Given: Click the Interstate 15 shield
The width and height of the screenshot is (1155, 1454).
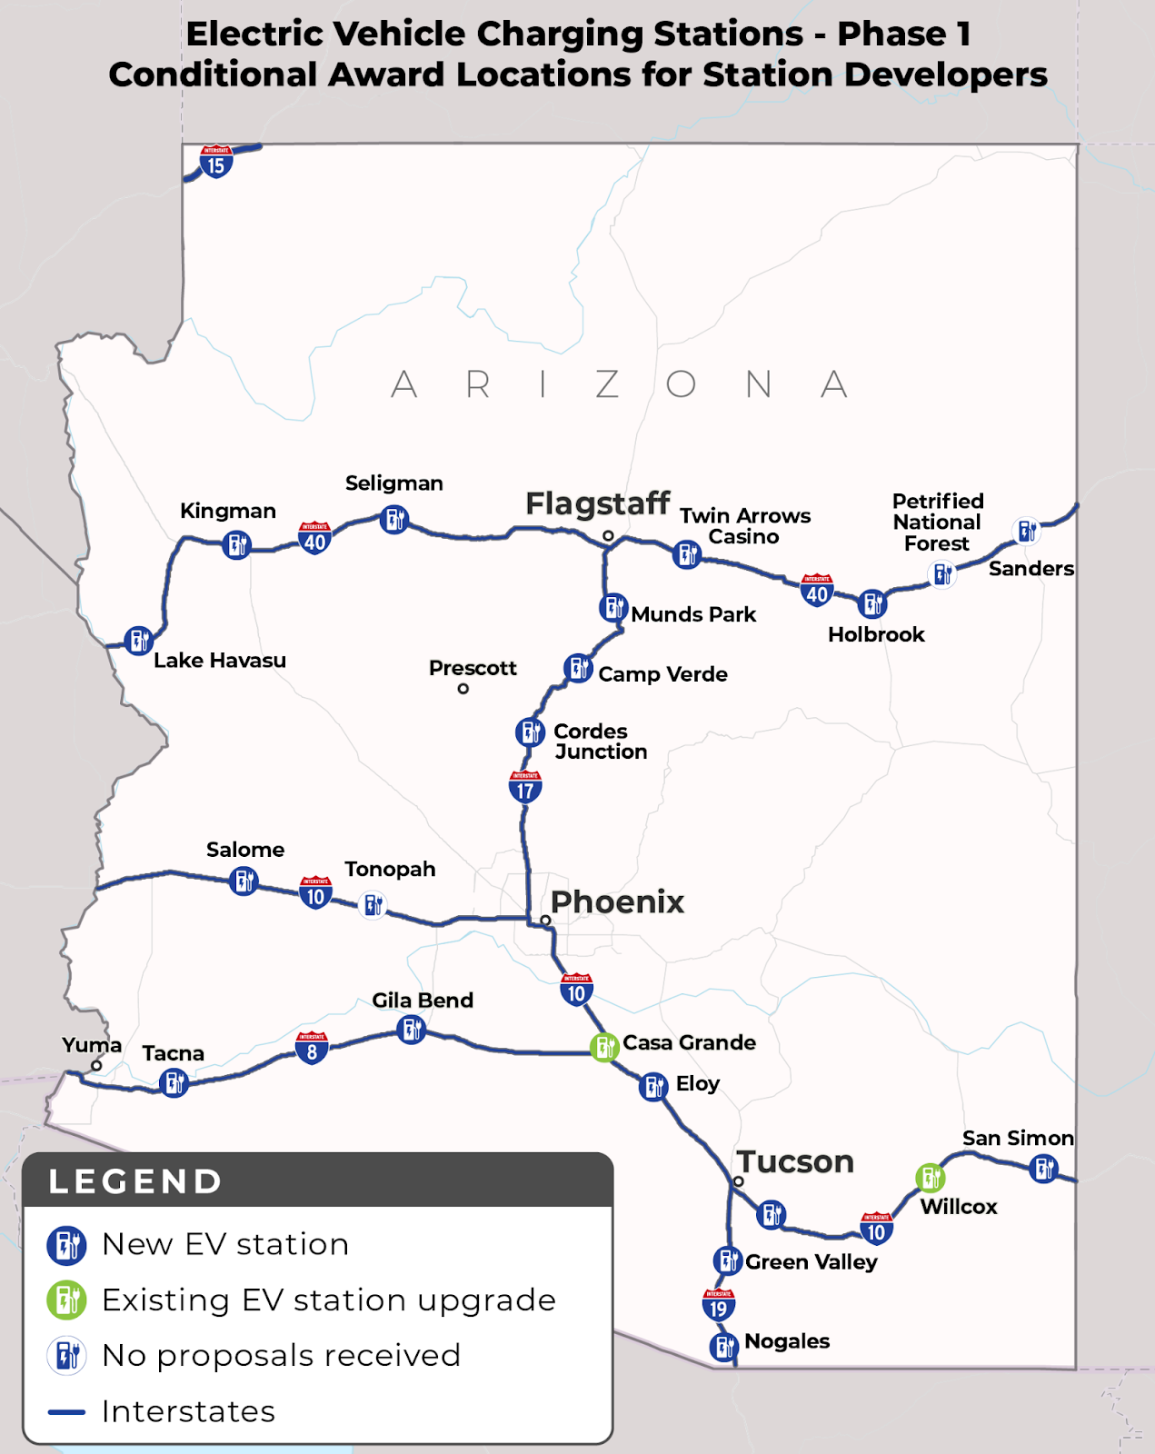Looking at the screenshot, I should [x=215, y=162].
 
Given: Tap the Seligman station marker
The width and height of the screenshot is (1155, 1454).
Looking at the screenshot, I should [x=393, y=520].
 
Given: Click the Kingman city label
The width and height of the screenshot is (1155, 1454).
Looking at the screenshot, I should [x=227, y=511].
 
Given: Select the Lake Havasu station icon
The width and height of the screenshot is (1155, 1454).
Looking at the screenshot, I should [x=138, y=641].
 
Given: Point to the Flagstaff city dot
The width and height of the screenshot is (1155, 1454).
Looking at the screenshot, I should [x=608, y=535].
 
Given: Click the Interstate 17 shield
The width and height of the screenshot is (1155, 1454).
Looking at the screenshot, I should [x=525, y=787].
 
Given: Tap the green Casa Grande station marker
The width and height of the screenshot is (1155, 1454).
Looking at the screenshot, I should [x=604, y=1047].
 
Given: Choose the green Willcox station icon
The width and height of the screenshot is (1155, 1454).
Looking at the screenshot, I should [x=930, y=1179].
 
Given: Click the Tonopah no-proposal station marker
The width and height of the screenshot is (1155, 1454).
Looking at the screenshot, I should [x=373, y=905].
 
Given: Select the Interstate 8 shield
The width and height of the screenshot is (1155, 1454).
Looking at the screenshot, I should [x=312, y=1049].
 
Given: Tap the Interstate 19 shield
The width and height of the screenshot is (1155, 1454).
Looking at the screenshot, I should [x=718, y=1305].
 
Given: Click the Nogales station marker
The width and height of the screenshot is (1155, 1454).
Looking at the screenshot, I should [x=723, y=1346].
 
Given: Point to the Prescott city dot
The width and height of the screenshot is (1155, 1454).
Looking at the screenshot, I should [x=463, y=689].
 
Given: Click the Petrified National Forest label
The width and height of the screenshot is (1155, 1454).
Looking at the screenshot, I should [x=937, y=523].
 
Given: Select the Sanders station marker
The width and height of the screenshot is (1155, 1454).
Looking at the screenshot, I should [x=1027, y=531].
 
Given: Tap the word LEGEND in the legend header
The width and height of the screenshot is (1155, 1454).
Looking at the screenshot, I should [x=135, y=1181].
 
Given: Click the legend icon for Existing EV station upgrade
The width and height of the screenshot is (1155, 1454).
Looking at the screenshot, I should [x=66, y=1300].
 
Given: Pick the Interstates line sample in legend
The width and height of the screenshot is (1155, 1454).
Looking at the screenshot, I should [x=66, y=1412].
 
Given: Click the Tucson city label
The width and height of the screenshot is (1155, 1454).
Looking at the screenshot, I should [x=795, y=1161].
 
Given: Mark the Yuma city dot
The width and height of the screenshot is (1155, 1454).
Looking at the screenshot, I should [x=96, y=1066].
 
